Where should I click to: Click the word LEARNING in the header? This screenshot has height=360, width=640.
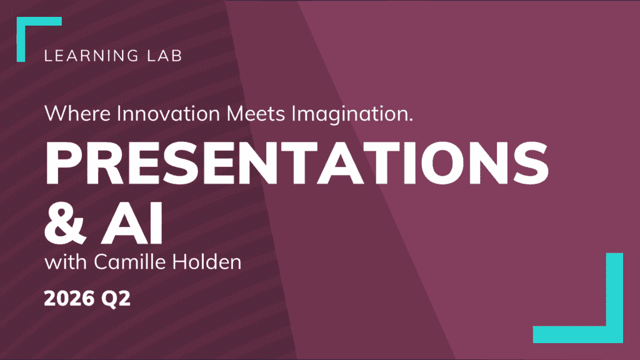pos(91,56)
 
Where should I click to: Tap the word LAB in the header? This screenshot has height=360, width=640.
pos(164,56)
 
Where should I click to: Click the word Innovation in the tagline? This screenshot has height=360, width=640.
pos(168,113)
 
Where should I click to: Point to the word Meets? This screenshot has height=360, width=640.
pos(256,113)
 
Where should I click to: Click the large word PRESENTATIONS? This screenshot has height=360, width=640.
pos(297,162)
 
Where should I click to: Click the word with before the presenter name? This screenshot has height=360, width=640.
pos(66,262)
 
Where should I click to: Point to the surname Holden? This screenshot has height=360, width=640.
pos(206,262)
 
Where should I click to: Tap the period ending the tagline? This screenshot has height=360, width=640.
pos(410,120)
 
